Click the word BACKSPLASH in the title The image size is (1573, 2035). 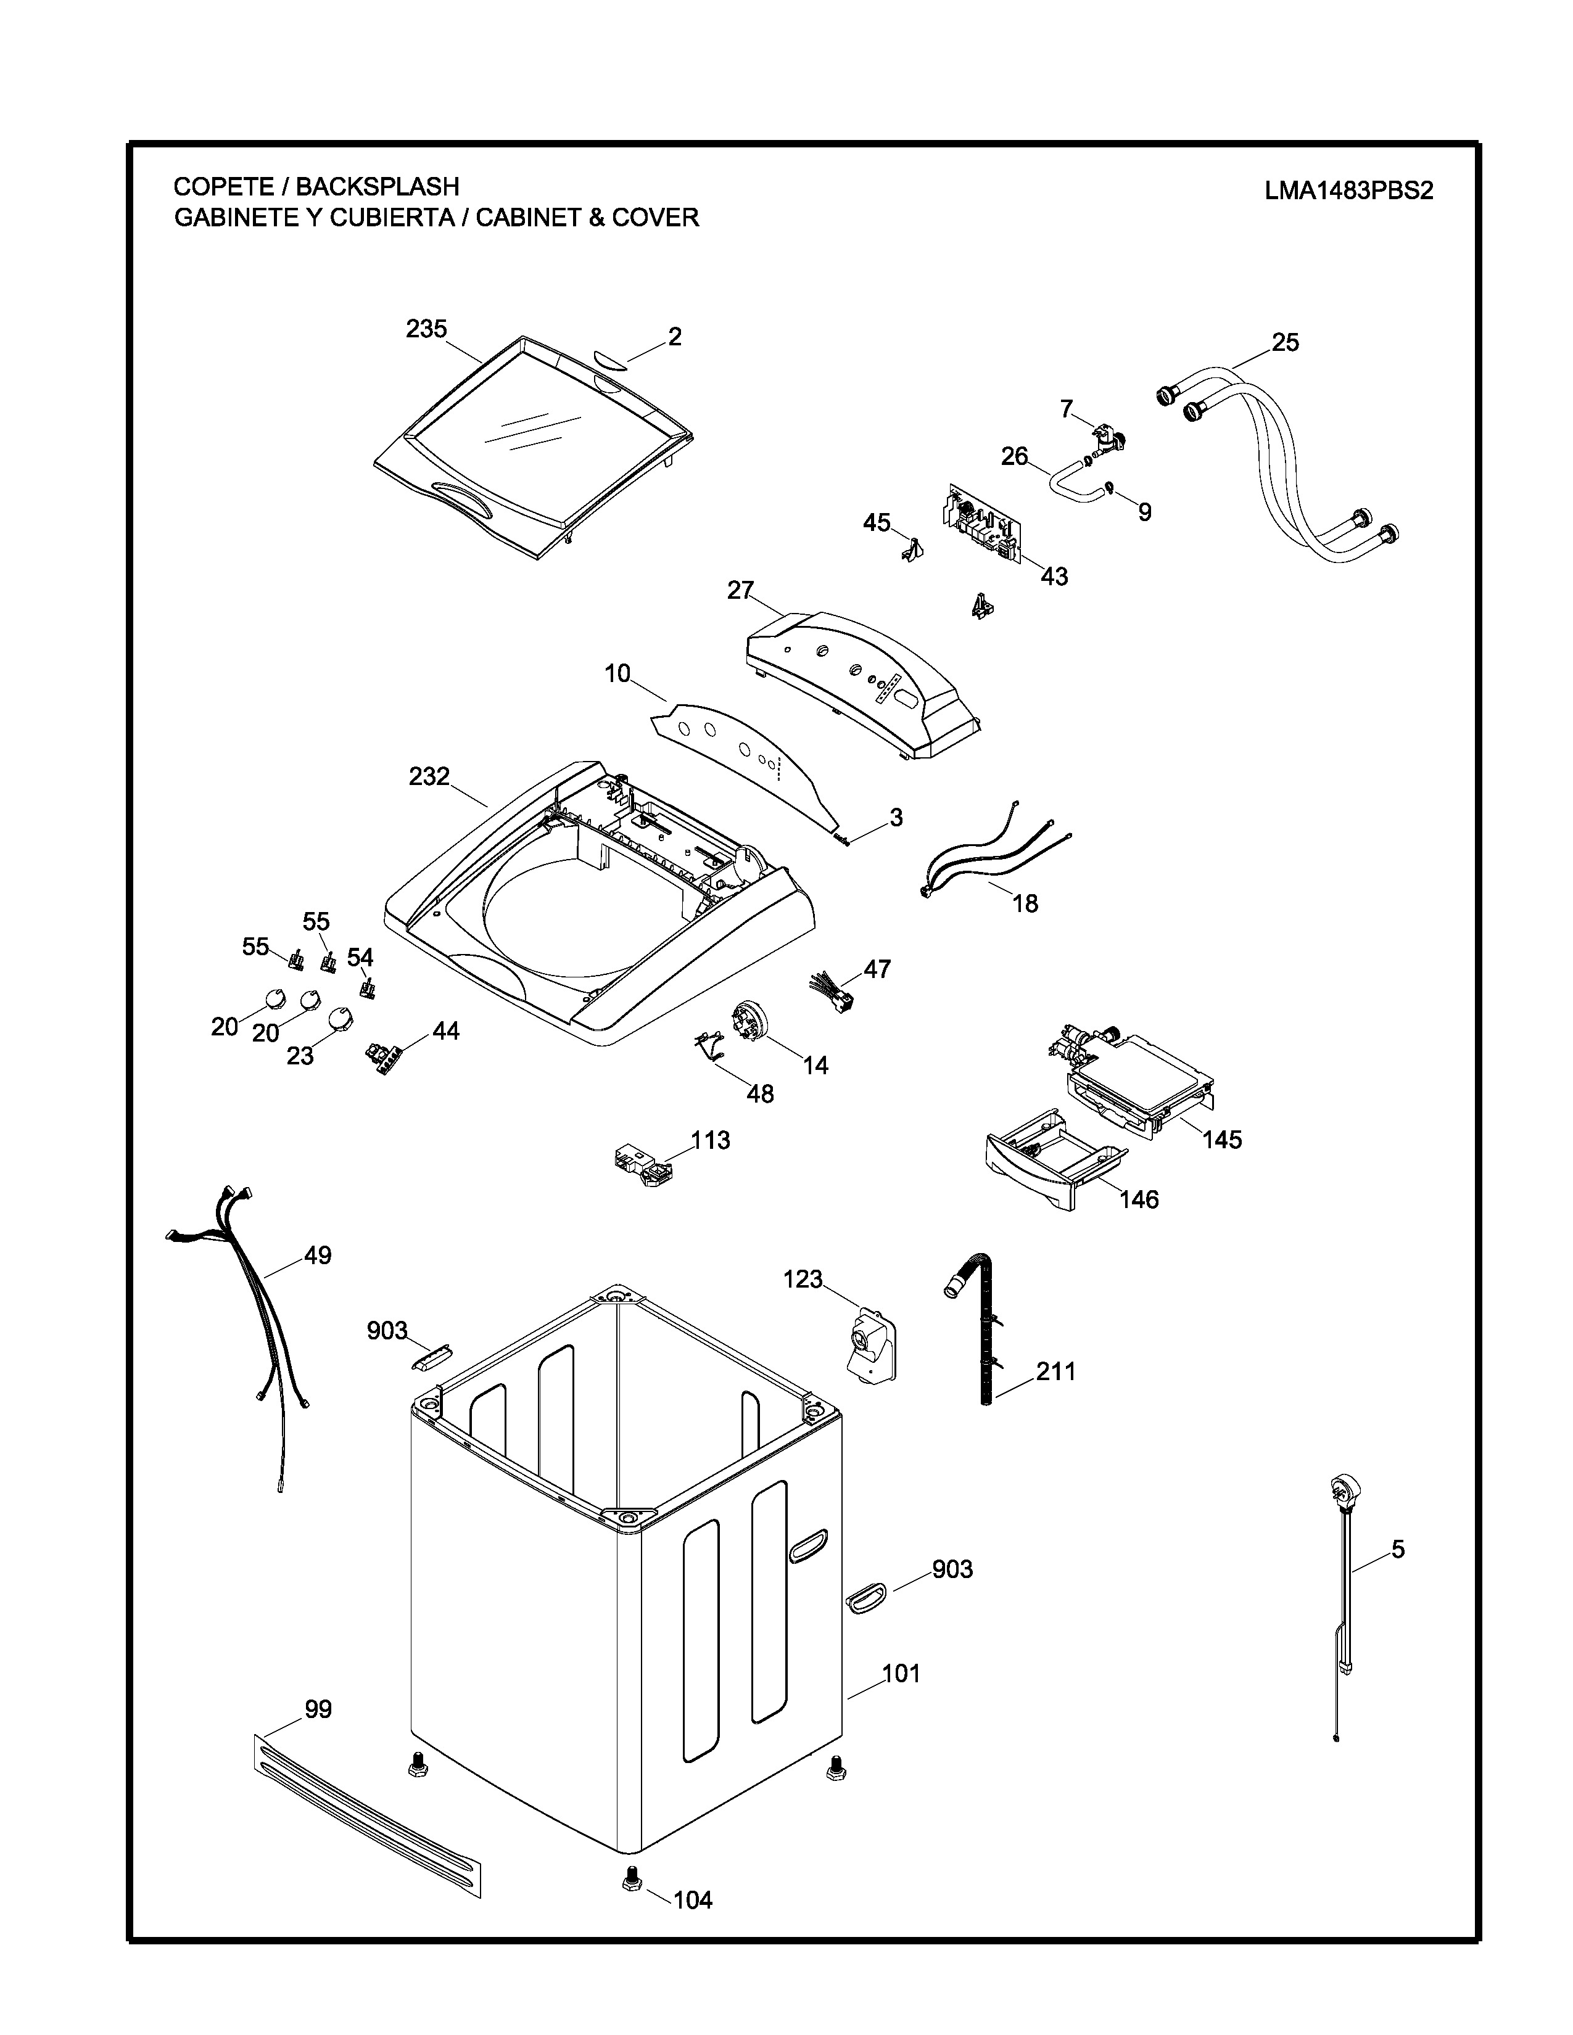(378, 186)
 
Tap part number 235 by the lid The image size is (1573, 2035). (426, 329)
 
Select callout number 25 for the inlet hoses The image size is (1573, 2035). (1285, 343)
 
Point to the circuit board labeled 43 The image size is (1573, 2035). (983, 527)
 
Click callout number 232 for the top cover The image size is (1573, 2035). (429, 776)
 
